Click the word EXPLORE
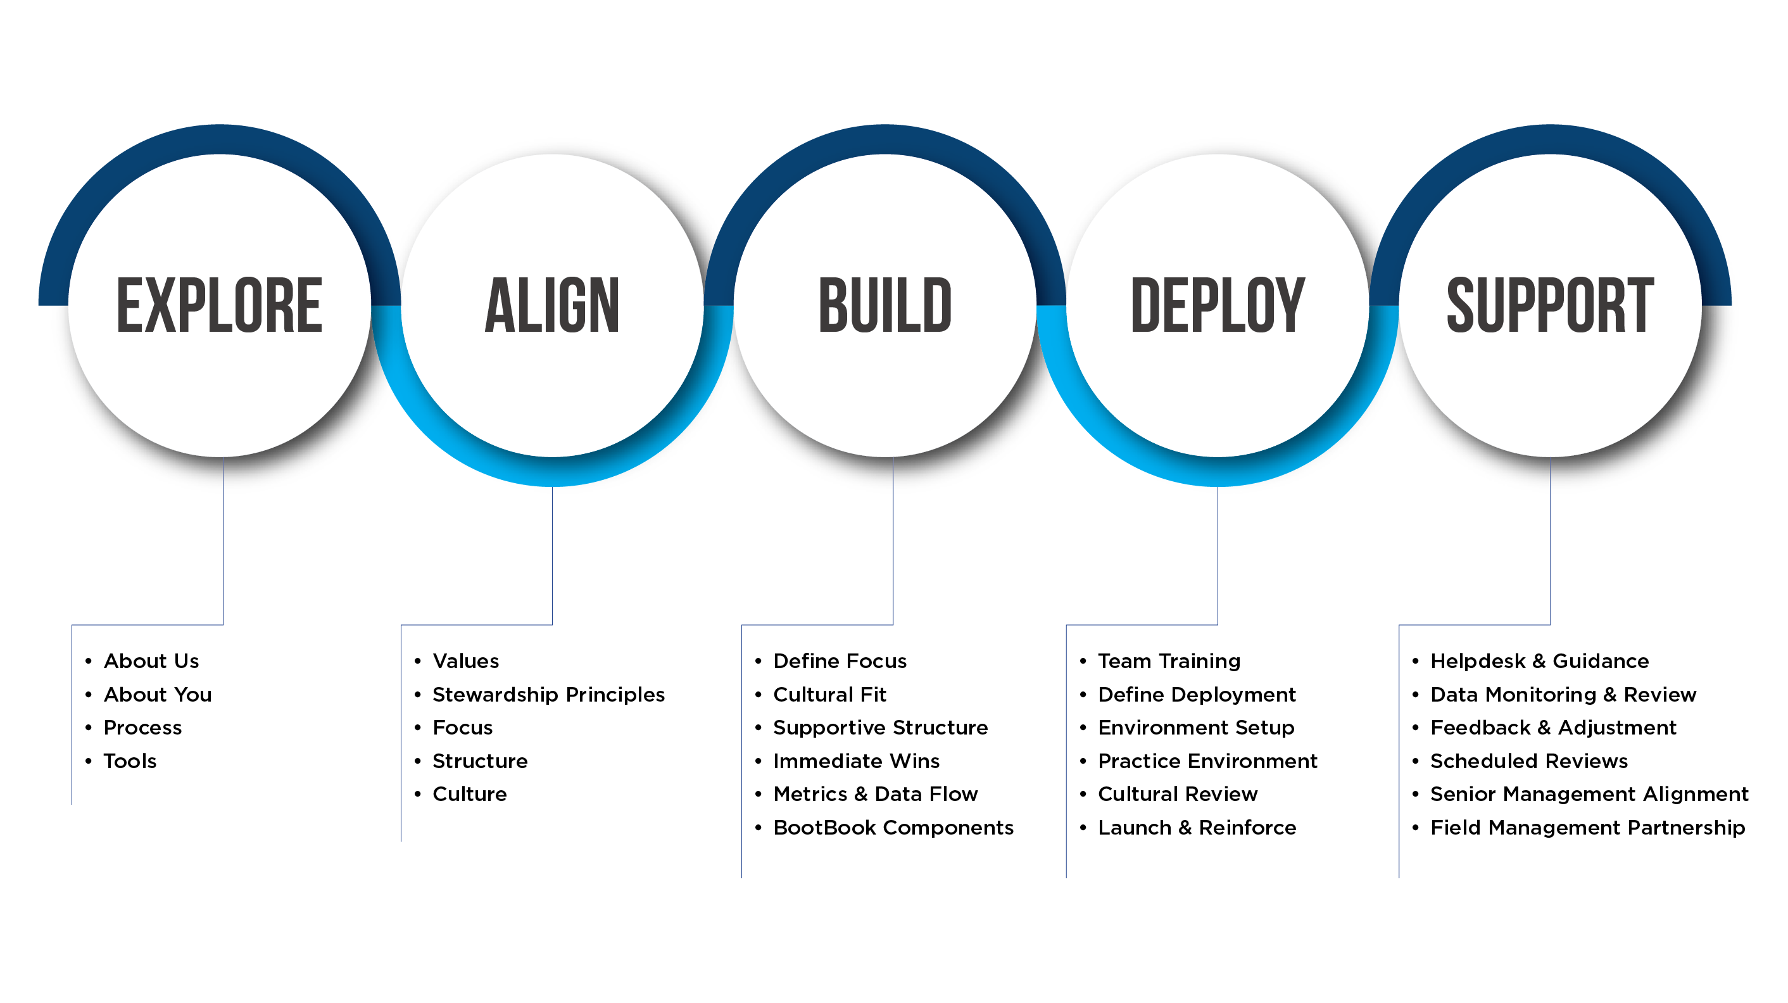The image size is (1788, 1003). [219, 305]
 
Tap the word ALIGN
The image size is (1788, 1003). [552, 305]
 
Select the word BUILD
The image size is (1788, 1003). [885, 305]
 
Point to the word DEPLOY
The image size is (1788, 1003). [1218, 305]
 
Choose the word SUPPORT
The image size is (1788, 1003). [1550, 305]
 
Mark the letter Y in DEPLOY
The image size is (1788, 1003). [1288, 305]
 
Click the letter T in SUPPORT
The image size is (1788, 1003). [1639, 305]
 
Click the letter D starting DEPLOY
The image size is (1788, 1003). [1147, 305]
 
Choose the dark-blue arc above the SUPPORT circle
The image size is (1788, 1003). [1550, 142]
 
